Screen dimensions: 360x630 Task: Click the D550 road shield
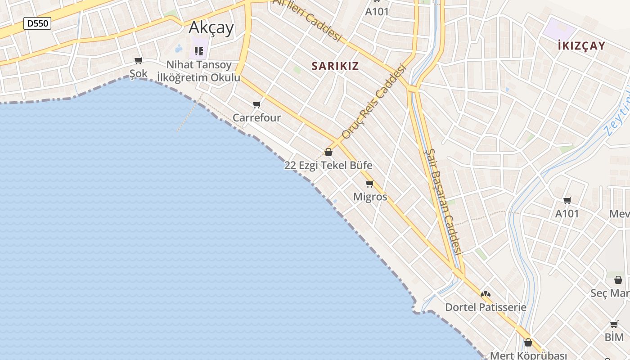click(37, 23)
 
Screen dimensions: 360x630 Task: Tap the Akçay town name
click(211, 28)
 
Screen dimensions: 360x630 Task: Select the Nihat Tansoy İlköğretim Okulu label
click(198, 71)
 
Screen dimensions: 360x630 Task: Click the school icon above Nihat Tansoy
click(198, 51)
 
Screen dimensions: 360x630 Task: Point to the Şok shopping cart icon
click(139, 61)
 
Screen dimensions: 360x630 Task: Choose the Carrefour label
click(256, 118)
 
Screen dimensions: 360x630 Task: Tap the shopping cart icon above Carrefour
click(257, 105)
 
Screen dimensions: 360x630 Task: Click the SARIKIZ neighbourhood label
click(335, 66)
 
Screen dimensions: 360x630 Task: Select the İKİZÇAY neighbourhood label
click(581, 45)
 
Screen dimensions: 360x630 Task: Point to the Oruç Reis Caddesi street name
click(373, 102)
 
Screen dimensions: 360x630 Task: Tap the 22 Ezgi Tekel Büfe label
click(328, 165)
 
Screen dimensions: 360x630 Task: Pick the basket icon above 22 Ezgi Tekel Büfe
click(328, 152)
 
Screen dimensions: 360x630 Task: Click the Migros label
click(370, 197)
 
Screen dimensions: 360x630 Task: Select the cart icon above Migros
click(370, 184)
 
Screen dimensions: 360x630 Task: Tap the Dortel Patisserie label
click(486, 307)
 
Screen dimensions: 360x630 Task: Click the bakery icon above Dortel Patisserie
click(485, 294)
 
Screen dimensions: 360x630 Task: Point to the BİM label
click(614, 337)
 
